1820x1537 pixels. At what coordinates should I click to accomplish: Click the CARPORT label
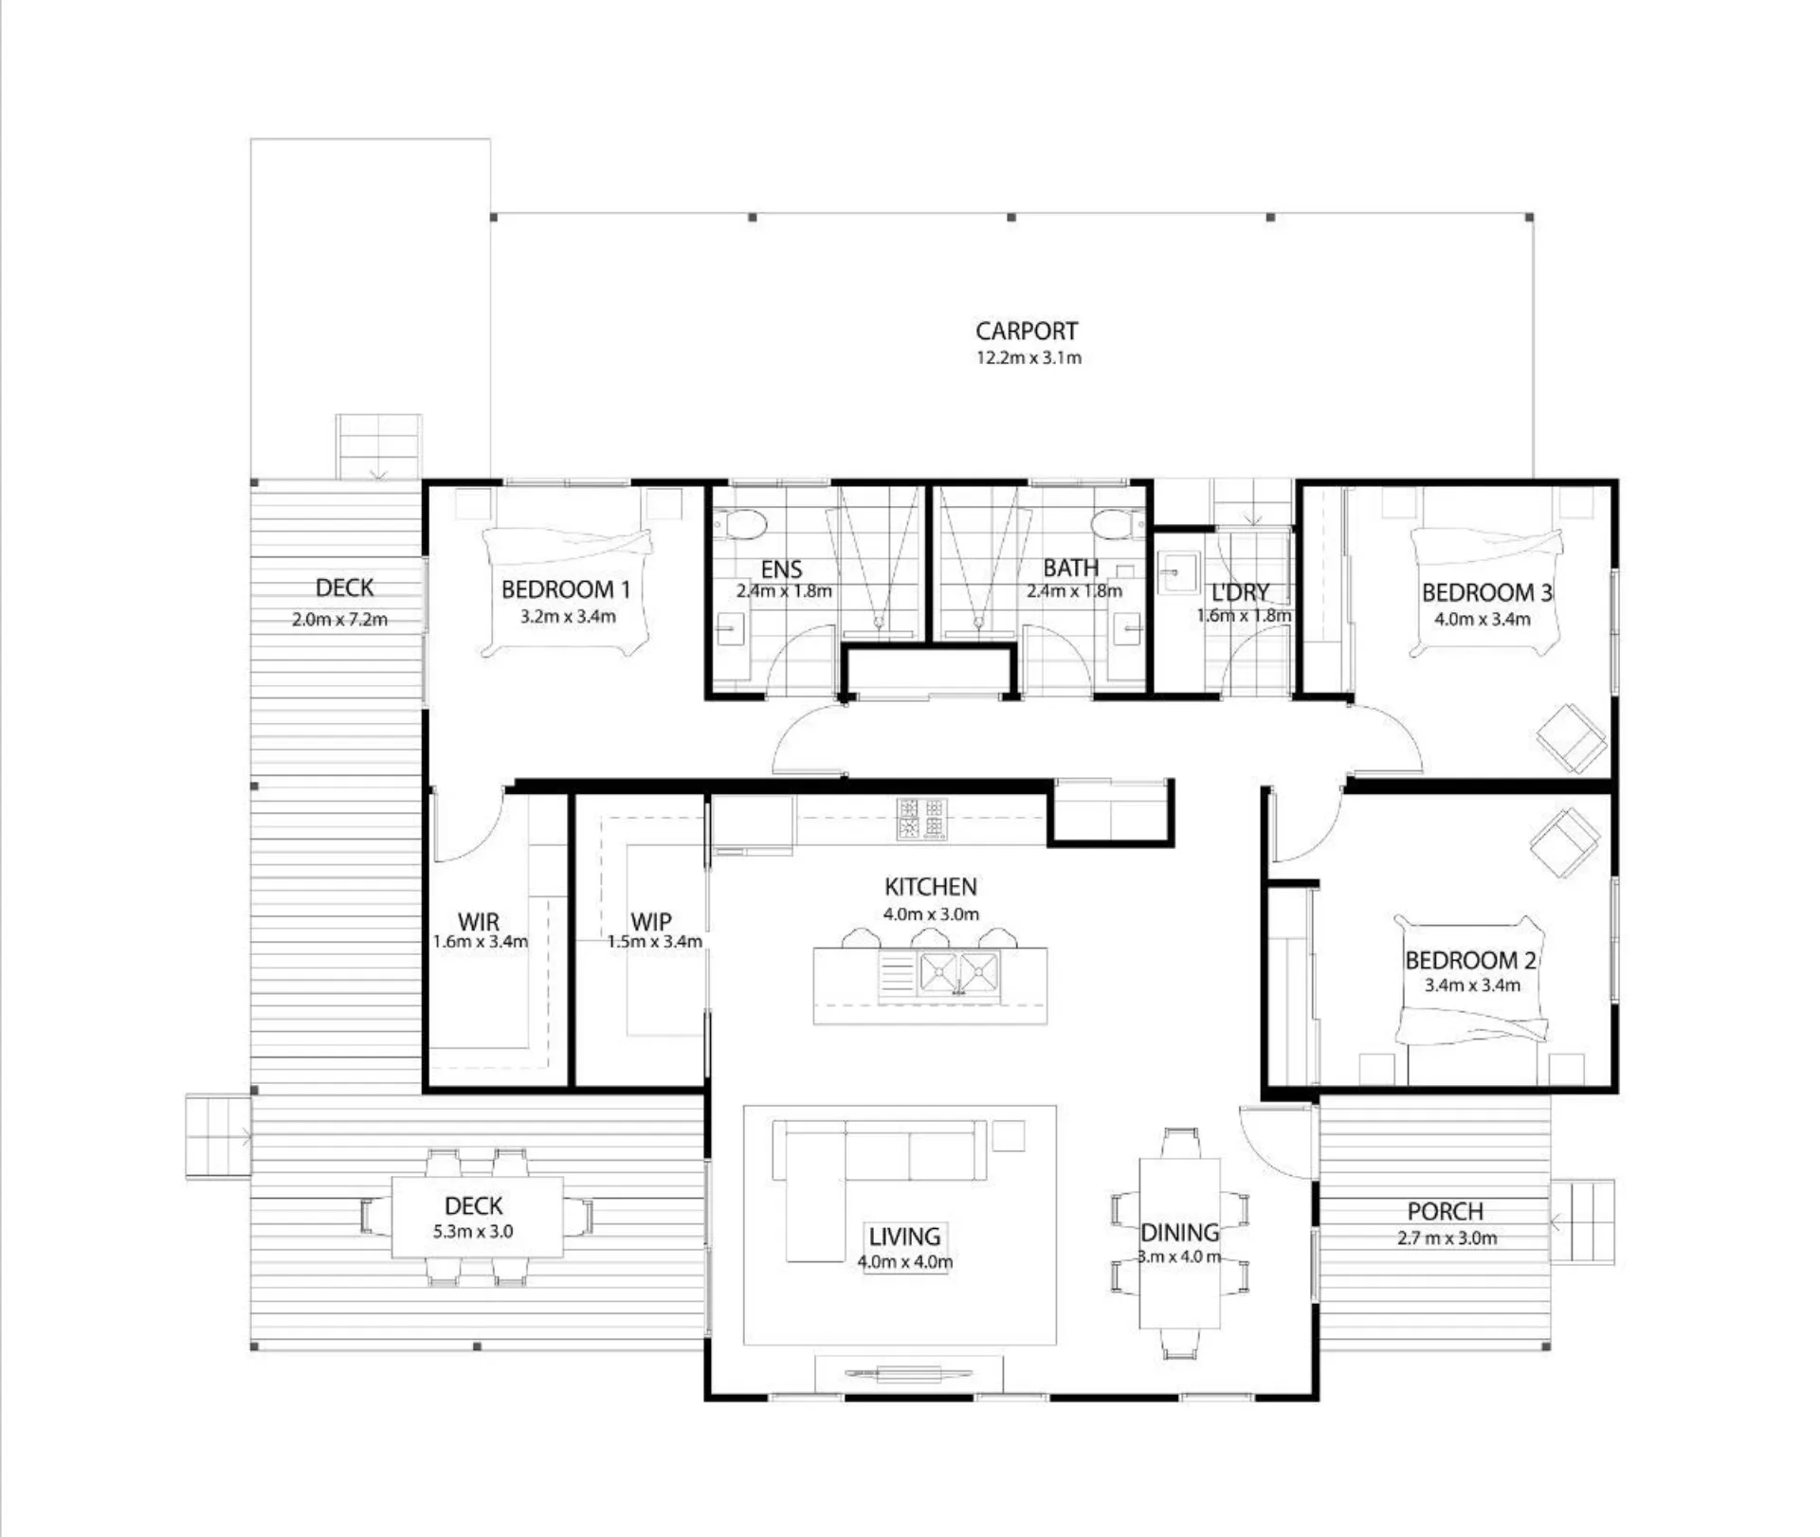1027,331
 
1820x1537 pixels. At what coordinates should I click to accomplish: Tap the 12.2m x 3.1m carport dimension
1028,357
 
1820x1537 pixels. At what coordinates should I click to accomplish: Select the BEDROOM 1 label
566,589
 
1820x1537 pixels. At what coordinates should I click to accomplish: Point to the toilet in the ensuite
739,523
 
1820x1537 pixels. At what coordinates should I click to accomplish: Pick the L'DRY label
1240,592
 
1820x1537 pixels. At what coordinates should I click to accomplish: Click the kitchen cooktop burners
922,819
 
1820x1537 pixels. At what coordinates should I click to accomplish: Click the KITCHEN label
930,887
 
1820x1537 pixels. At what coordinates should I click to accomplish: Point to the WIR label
479,921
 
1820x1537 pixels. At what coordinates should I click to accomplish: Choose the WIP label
651,921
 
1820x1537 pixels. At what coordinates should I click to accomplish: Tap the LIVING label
904,1237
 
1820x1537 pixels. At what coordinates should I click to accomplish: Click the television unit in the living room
909,1373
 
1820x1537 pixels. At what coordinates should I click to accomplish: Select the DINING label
1179,1233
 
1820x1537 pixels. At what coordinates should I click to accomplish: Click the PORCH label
1445,1211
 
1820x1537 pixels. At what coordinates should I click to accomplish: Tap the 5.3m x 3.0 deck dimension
473,1231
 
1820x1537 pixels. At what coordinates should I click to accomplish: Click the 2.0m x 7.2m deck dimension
339,620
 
